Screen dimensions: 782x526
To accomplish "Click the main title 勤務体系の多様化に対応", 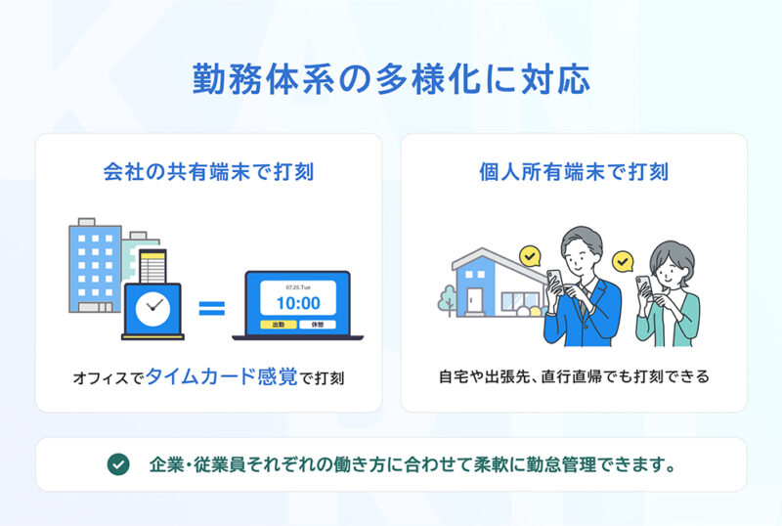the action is point(391,79).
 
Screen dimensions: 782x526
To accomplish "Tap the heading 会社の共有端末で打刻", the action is point(208,172).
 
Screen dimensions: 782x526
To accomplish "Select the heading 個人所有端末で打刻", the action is point(574,172).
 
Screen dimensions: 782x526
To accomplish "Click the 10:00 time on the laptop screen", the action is point(298,303).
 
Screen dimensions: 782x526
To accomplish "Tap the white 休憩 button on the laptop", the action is point(317,325).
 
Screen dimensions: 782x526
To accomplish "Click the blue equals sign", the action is point(211,308).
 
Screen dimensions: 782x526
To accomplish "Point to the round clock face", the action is point(152,309).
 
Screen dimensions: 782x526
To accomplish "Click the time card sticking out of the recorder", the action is point(152,267).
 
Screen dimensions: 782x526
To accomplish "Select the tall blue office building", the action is point(95,266).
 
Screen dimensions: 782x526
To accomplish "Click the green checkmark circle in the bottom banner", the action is point(118,464).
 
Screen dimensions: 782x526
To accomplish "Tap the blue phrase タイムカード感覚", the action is point(221,376).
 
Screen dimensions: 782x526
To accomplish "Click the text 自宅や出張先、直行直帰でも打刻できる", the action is point(574,376).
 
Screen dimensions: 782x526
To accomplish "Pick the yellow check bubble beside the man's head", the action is point(530,256).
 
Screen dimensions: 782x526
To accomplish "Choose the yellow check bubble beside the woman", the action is point(623,261).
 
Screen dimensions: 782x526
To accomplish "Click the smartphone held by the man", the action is point(554,281).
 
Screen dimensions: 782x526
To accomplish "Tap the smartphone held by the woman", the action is point(643,286).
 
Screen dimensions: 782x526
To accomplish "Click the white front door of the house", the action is point(474,300).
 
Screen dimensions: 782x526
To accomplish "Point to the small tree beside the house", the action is point(448,300).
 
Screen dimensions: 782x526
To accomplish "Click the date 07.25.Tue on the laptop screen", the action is point(298,287).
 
